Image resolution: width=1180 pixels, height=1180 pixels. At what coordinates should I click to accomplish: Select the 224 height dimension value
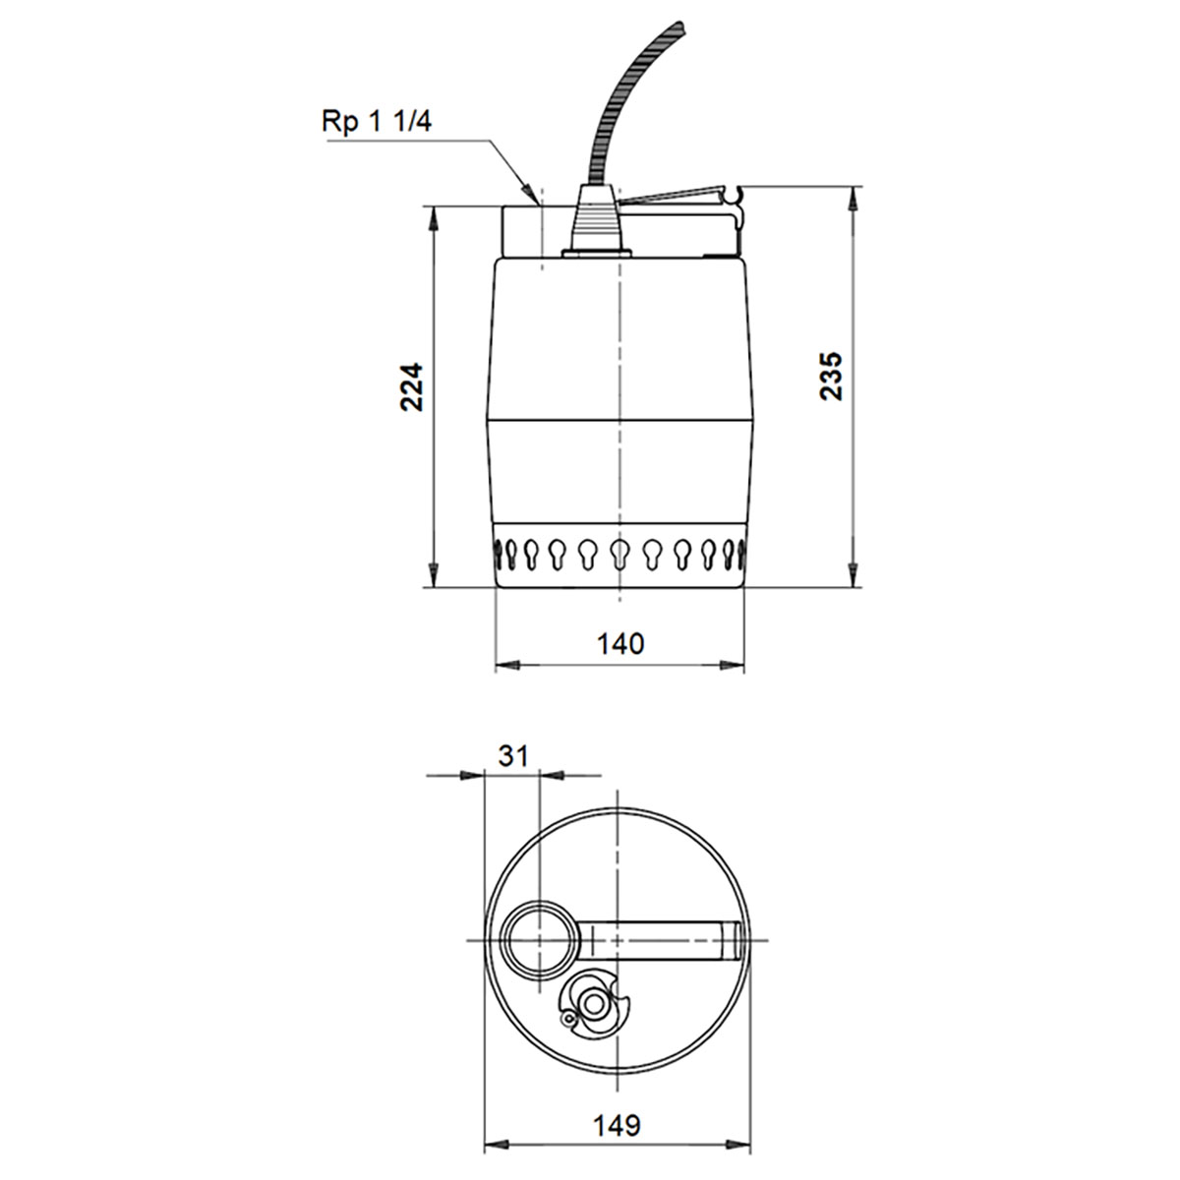tap(411, 386)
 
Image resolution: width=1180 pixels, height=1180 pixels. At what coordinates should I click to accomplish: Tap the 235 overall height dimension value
tap(831, 375)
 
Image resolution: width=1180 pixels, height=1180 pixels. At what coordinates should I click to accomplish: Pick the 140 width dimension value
tap(620, 644)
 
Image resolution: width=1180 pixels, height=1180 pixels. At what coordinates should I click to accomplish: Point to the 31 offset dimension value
tap(513, 755)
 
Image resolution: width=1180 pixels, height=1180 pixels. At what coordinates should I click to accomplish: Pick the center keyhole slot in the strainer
tap(619, 553)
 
